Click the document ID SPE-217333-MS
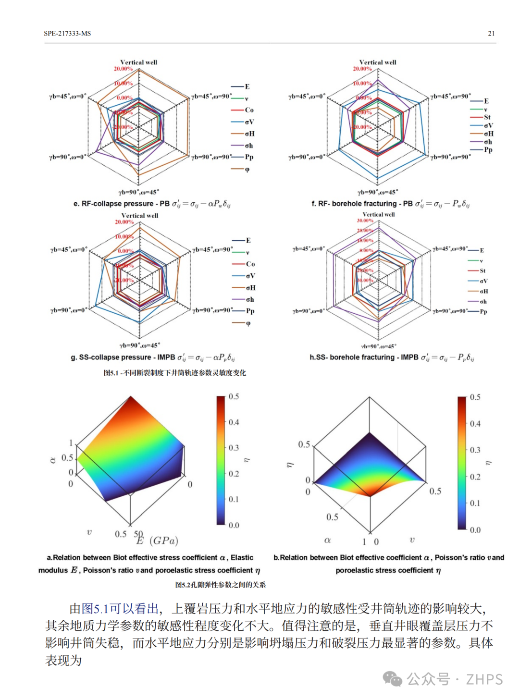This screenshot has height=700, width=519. [67, 33]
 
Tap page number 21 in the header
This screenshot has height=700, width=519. [491, 33]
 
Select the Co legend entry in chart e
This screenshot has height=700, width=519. [249, 110]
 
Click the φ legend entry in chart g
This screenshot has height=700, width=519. [248, 323]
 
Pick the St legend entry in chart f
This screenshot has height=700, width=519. [487, 117]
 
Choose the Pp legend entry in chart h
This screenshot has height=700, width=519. [483, 312]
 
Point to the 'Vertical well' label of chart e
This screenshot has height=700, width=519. [138, 62]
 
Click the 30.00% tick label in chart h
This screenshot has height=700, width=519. [365, 221]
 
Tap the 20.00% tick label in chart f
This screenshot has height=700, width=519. [362, 69]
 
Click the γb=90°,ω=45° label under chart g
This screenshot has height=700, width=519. [140, 345]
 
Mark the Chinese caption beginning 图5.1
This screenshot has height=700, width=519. [174, 373]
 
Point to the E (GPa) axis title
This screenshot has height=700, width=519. [158, 541]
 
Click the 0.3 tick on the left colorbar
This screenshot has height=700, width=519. [234, 448]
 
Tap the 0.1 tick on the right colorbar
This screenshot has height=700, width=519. [475, 504]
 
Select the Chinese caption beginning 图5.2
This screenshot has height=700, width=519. [220, 585]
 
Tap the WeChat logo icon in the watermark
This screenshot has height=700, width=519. [393, 679]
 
